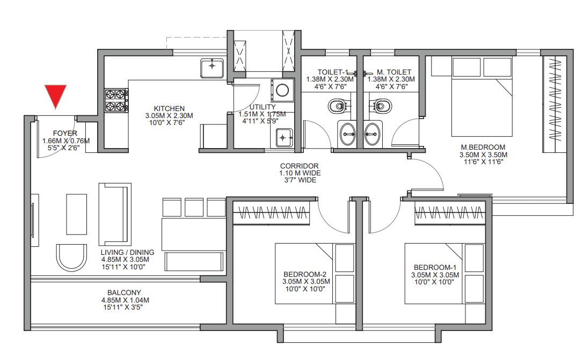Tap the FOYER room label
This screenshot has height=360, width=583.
[x=65, y=133]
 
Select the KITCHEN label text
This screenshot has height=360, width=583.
[x=169, y=108]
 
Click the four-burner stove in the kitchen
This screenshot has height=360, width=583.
[x=116, y=100]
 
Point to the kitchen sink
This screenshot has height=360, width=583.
[x=212, y=68]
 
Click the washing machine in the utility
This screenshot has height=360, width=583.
[x=282, y=90]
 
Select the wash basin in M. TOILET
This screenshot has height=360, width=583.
[x=372, y=134]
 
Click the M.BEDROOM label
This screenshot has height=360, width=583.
[x=483, y=148]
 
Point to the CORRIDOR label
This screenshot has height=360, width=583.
[x=300, y=166]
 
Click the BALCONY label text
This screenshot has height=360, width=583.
[x=124, y=293]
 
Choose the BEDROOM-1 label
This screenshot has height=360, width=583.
[x=435, y=268]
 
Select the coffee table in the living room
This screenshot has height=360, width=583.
[x=77, y=215]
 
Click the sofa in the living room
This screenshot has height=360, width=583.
[x=115, y=214]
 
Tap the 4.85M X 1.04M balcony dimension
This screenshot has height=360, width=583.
[x=125, y=300]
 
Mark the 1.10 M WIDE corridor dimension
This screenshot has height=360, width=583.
[x=300, y=173]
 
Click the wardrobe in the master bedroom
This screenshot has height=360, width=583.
[x=555, y=104]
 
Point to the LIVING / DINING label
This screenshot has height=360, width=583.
[x=128, y=252]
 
